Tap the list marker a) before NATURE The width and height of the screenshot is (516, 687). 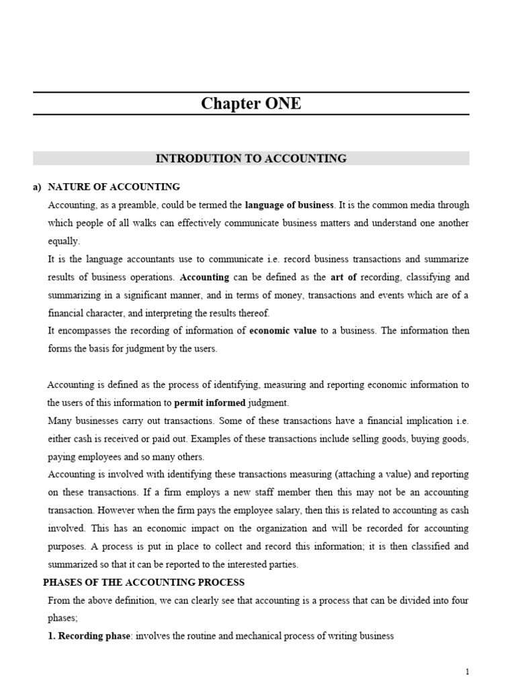pyautogui.click(x=37, y=187)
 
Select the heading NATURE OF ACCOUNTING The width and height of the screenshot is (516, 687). pyautogui.click(x=114, y=187)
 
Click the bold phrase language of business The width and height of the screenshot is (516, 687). pyautogui.click(x=289, y=205)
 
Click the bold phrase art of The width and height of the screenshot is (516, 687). pyautogui.click(x=343, y=276)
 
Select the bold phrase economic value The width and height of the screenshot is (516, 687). pyautogui.click(x=283, y=331)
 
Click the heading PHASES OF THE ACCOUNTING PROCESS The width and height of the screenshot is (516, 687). pyautogui.click(x=144, y=582)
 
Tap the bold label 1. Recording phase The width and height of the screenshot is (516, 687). pyautogui.click(x=90, y=636)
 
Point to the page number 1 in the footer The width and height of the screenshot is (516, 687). pyautogui.click(x=467, y=672)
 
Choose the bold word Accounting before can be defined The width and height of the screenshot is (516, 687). pyautogui.click(x=205, y=276)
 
